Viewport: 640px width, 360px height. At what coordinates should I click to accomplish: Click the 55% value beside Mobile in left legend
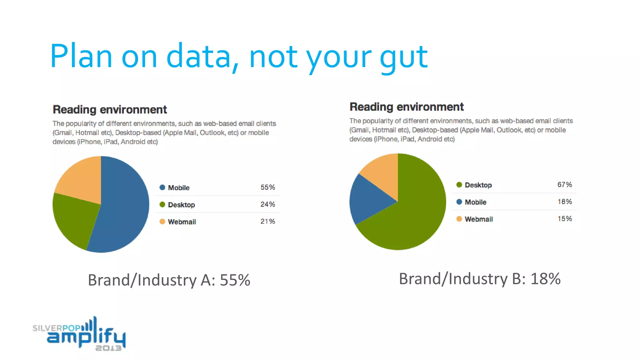point(268,187)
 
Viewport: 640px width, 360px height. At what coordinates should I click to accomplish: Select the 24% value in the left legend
point(268,204)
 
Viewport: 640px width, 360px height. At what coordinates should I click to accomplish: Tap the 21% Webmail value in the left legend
point(268,222)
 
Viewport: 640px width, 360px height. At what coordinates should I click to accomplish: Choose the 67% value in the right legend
point(565,185)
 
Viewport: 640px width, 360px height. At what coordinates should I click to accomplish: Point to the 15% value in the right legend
point(565,219)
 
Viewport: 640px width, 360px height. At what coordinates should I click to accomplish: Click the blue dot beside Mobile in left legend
point(162,187)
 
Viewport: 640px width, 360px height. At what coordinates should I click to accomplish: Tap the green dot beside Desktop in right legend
point(459,185)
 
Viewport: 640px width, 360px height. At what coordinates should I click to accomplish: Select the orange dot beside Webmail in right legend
point(459,219)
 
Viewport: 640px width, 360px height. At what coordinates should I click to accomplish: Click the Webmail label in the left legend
point(182,222)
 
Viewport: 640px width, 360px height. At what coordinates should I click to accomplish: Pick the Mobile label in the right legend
point(475,202)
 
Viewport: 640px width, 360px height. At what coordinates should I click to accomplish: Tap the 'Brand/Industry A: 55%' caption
point(169,280)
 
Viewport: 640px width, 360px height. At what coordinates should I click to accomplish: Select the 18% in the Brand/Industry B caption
point(545,279)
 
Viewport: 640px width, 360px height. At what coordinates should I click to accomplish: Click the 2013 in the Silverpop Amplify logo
point(108,348)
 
